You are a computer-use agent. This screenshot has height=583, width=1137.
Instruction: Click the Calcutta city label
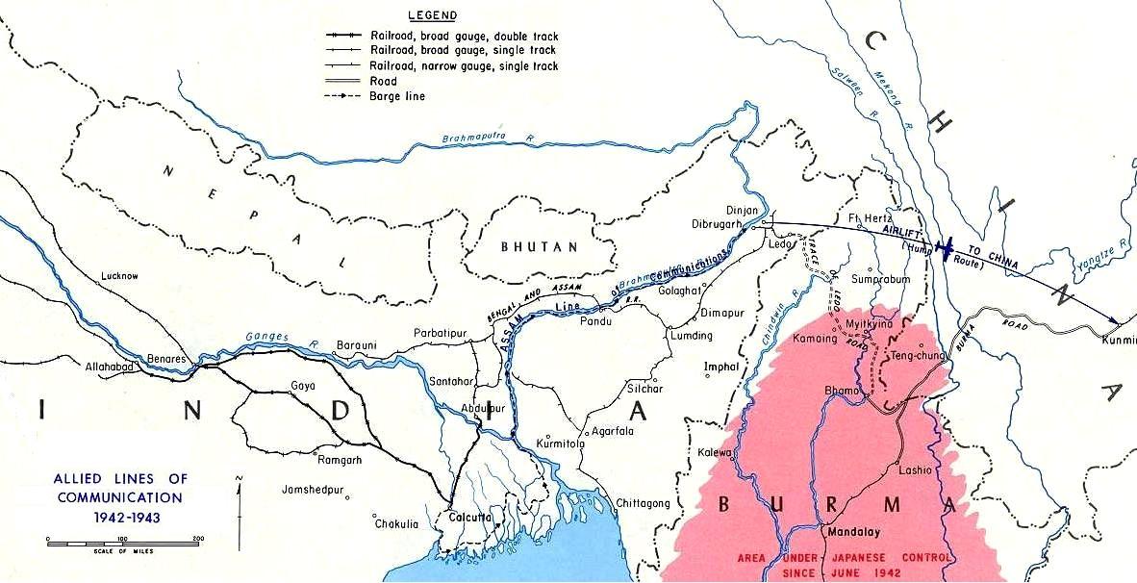click(470, 517)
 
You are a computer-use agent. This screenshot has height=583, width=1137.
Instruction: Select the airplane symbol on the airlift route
click(947, 248)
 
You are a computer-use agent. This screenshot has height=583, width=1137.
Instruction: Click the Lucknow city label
click(119, 276)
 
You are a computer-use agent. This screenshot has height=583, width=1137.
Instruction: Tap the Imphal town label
click(721, 367)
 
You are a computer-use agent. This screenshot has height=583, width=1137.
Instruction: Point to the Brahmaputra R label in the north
click(487, 139)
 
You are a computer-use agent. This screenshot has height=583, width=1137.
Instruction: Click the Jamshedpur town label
click(314, 490)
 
